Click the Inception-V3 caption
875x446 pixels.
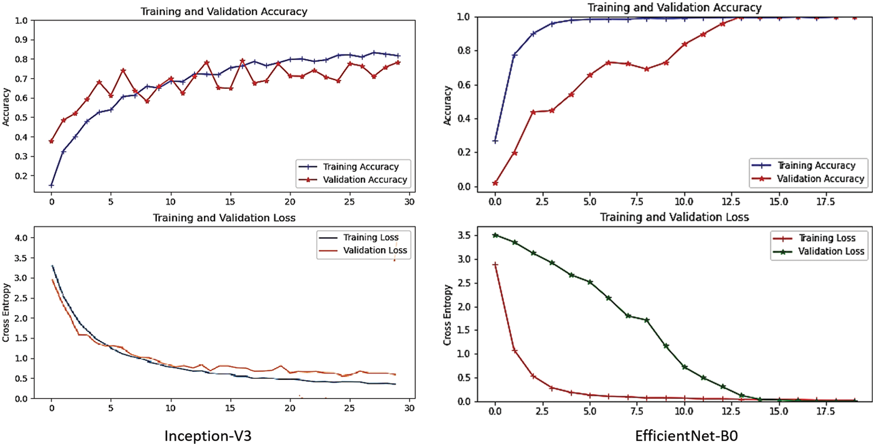click(208, 436)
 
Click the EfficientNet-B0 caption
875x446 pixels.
click(686, 436)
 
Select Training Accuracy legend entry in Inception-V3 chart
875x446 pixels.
click(360, 167)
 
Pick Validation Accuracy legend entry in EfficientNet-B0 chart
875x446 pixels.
click(820, 179)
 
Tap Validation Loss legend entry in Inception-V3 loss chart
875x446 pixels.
click(375, 250)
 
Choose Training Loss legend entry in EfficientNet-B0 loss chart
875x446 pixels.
click(827, 238)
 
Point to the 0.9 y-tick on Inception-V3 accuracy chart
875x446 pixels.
click(21, 40)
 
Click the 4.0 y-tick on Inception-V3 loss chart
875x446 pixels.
click(21, 238)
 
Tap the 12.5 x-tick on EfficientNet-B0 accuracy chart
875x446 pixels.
click(731, 202)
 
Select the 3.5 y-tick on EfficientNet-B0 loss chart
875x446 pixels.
click(464, 236)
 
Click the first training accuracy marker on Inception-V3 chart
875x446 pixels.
click(52, 185)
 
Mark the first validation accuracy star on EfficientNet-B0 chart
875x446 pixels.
click(495, 183)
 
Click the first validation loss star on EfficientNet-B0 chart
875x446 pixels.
click(495, 235)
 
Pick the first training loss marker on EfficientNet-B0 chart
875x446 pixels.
click(495, 265)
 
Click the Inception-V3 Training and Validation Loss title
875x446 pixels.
click(224, 218)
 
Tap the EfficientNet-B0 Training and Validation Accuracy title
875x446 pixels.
click(674, 8)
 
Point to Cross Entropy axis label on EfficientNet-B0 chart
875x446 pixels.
click(447, 315)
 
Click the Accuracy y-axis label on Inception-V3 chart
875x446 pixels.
click(6, 107)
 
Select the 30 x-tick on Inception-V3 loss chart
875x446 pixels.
click(409, 408)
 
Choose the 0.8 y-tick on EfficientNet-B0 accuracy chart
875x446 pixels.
click(464, 51)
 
